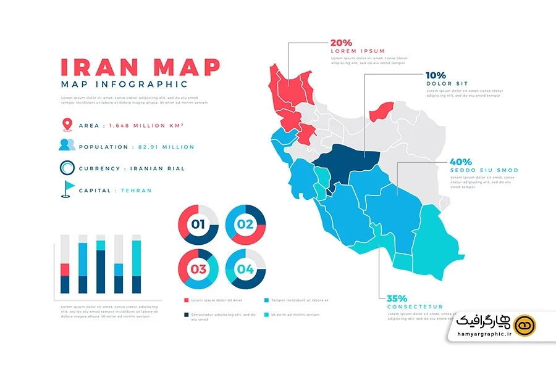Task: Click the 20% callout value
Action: (x=342, y=43)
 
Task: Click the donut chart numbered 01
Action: (x=198, y=224)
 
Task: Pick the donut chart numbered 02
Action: (x=245, y=224)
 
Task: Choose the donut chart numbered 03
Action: (x=198, y=269)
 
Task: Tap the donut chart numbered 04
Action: (x=245, y=269)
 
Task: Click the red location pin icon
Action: (x=67, y=125)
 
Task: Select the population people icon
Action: (x=67, y=146)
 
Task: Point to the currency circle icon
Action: (x=67, y=168)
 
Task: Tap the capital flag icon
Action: (x=67, y=189)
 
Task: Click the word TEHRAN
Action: (x=136, y=191)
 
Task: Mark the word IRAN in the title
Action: (x=95, y=67)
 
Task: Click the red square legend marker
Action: (x=187, y=300)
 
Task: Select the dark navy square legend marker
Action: (x=187, y=314)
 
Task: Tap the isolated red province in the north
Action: (x=381, y=112)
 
